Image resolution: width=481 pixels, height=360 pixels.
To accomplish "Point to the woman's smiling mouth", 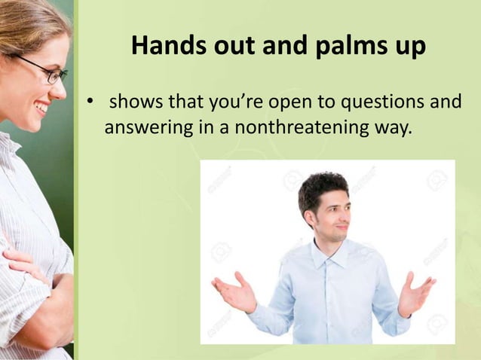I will [42, 108].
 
